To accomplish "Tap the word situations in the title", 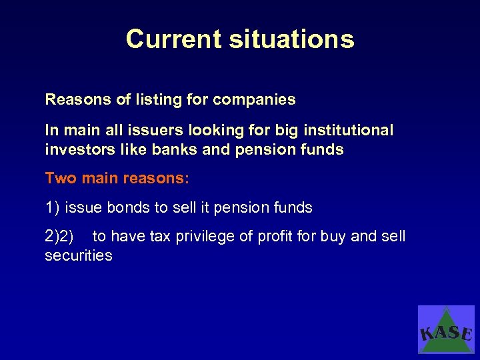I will click(x=292, y=39).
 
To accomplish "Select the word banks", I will click(x=175, y=149).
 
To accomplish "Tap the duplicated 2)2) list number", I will click(x=59, y=237).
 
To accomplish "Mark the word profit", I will click(x=275, y=237).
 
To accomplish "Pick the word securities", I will click(x=78, y=256).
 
